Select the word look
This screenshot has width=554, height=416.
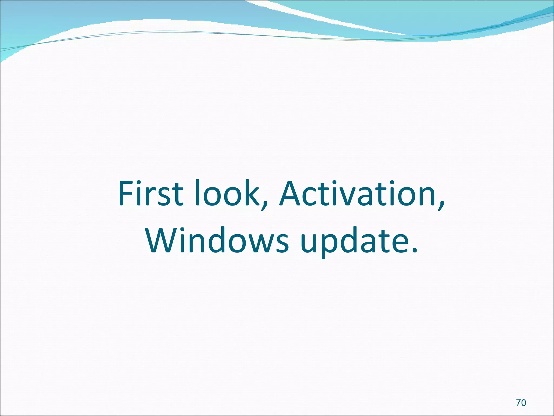(230, 193)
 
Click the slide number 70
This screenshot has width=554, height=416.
(521, 403)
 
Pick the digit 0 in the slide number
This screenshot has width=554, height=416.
(524, 403)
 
